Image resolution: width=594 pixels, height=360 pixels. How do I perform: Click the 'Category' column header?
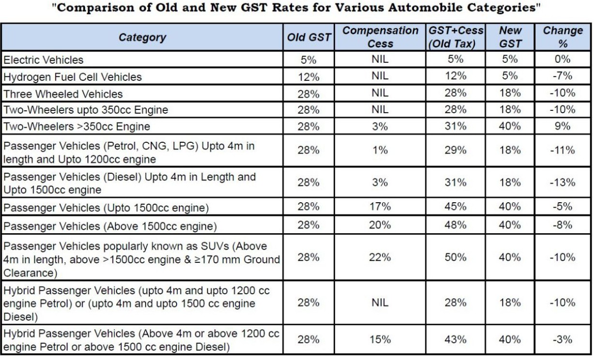coord(142,37)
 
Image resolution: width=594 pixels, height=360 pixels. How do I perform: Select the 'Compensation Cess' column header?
coord(380,37)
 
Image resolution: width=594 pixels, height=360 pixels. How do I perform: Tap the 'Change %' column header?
coord(562,37)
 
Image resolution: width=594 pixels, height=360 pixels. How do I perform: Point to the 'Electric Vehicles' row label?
coord(44,60)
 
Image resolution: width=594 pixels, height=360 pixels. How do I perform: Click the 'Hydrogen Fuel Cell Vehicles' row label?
coord(73,77)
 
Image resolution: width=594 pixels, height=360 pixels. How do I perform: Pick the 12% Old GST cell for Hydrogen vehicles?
coord(308,76)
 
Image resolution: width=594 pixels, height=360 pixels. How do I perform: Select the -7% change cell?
coord(562,76)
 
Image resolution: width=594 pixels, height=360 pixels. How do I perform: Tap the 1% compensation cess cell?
coord(380,150)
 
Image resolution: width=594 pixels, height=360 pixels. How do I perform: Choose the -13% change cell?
coord(562,182)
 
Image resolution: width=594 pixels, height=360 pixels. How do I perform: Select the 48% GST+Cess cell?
coord(456,225)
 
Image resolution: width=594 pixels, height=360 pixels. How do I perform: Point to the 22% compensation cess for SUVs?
coord(380,257)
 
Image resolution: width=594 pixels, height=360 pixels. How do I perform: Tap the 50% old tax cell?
coord(456,257)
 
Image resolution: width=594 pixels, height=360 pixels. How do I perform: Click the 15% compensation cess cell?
coord(380,340)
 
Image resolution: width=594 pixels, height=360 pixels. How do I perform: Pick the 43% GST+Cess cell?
coord(456,340)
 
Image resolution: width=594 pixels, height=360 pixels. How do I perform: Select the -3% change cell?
coord(562,340)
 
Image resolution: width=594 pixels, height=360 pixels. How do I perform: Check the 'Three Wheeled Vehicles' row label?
coord(63,93)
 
